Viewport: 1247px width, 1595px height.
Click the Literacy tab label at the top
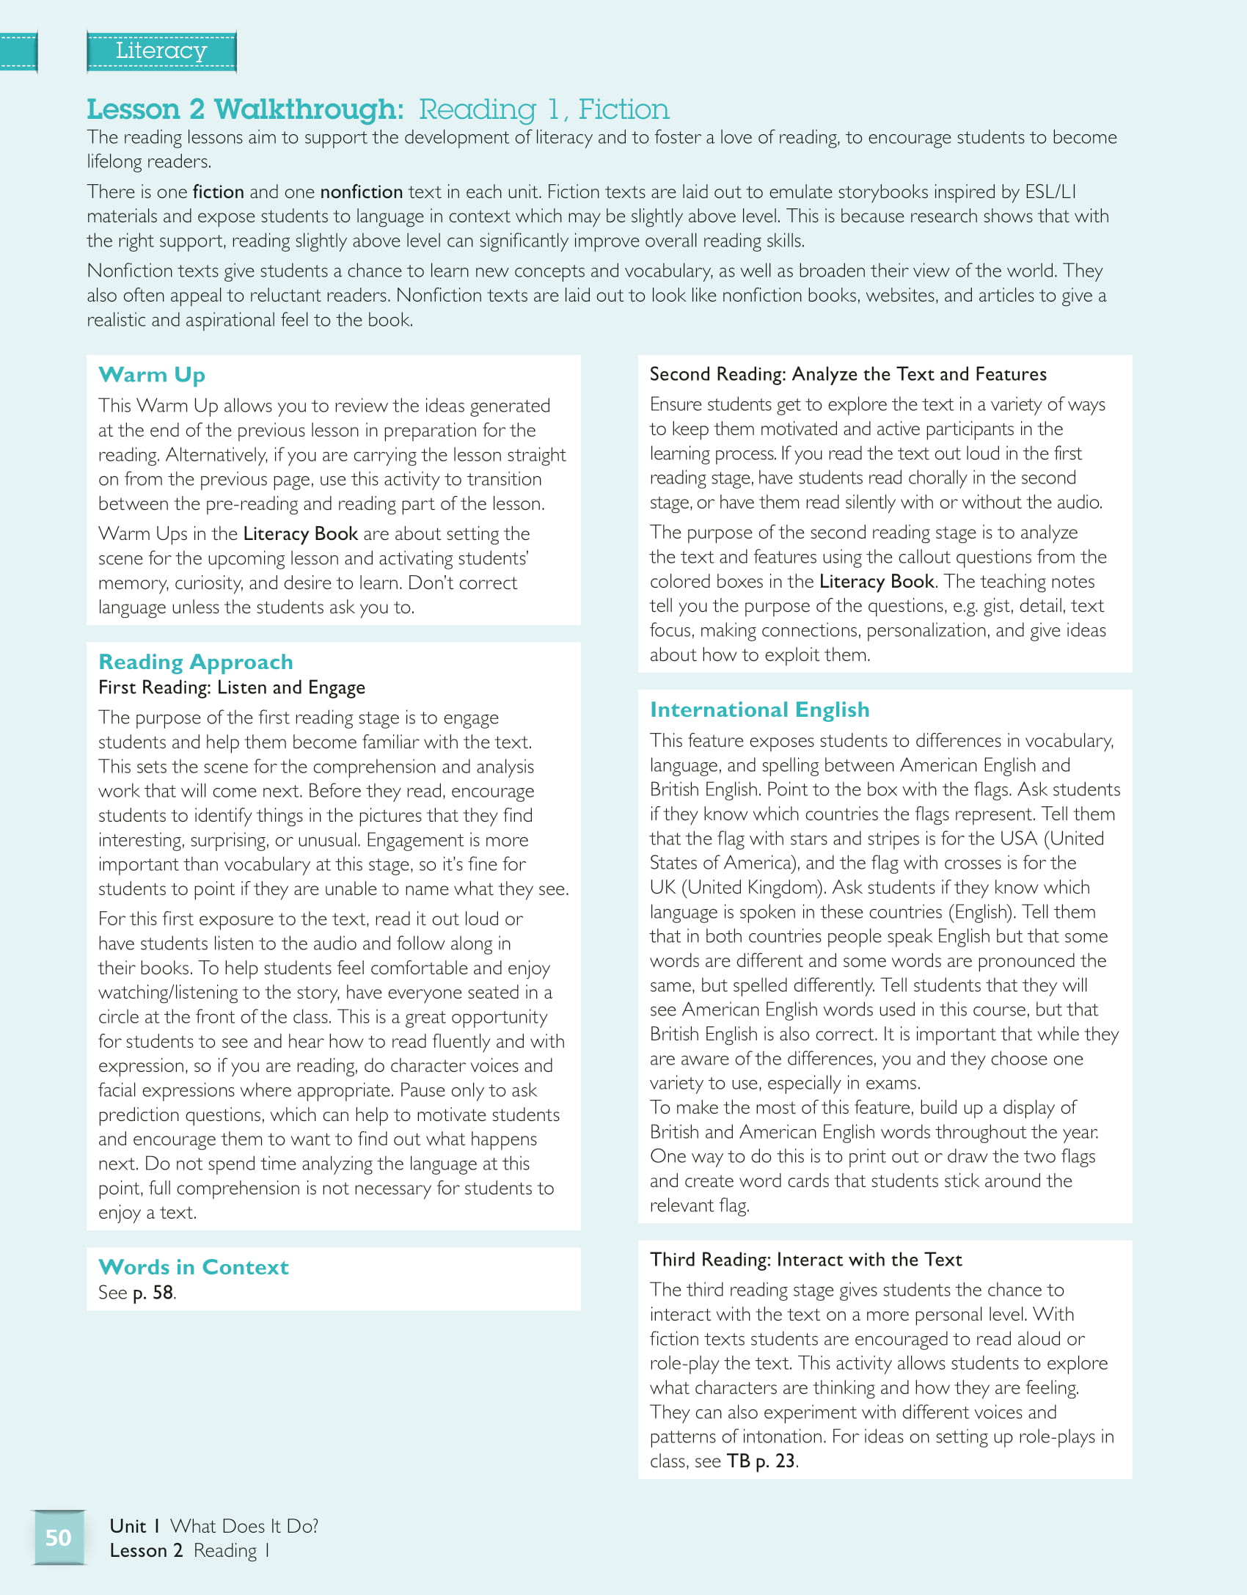click(x=161, y=51)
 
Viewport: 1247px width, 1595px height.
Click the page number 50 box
click(x=59, y=1537)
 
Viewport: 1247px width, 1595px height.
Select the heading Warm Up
click(x=152, y=375)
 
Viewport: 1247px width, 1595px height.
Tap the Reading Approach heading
click(x=196, y=662)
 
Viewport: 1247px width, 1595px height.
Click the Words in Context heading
click(x=194, y=1267)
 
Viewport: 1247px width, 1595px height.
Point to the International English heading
click(x=759, y=709)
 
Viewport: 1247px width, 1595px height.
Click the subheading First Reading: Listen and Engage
click(x=232, y=687)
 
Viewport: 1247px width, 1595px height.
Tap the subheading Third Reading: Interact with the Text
click(x=805, y=1260)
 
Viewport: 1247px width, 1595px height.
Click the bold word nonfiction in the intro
click(x=362, y=192)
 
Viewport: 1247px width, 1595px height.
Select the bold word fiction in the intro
click(x=218, y=192)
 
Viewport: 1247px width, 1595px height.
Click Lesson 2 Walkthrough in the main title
click(x=245, y=109)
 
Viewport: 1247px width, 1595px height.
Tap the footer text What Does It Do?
click(x=244, y=1526)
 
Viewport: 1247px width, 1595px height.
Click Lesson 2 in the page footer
click(x=146, y=1550)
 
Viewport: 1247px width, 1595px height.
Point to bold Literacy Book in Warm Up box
click(x=301, y=534)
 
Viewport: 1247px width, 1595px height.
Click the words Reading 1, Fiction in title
click(x=544, y=109)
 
